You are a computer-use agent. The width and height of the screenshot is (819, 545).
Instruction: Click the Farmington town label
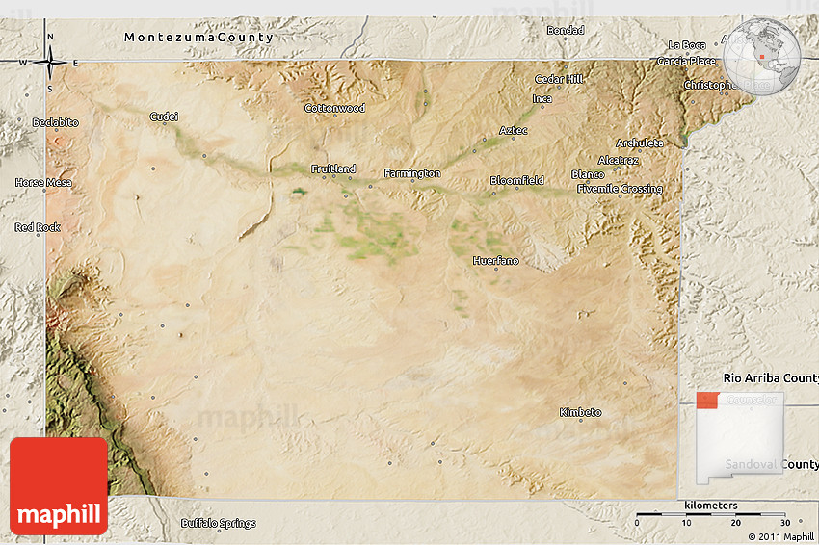(x=412, y=173)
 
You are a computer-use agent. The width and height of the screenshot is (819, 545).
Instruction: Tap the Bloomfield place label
(x=516, y=180)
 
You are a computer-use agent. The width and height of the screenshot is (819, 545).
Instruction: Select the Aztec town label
(x=513, y=130)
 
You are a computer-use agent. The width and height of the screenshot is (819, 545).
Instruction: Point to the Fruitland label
(x=333, y=169)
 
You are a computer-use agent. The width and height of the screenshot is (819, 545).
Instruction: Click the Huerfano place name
(x=495, y=261)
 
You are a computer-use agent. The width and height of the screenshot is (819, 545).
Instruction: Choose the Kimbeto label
(x=580, y=412)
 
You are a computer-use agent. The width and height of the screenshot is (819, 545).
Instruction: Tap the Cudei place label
(x=164, y=117)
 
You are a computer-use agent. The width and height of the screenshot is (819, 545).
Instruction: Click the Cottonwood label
(x=334, y=108)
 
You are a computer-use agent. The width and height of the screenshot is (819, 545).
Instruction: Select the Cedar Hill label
(x=559, y=79)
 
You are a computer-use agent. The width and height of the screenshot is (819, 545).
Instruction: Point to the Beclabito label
(x=55, y=122)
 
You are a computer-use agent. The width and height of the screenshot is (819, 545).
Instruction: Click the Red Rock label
(x=38, y=227)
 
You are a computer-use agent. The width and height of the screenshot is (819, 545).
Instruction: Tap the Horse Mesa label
(x=43, y=182)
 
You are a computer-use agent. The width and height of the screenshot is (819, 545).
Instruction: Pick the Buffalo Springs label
(x=219, y=524)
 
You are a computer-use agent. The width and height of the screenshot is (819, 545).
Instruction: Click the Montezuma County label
(x=198, y=37)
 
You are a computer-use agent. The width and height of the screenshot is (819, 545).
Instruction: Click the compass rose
(x=49, y=63)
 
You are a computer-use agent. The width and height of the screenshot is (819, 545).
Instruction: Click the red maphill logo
(x=59, y=486)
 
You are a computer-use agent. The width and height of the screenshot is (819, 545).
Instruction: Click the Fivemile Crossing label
(x=620, y=189)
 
